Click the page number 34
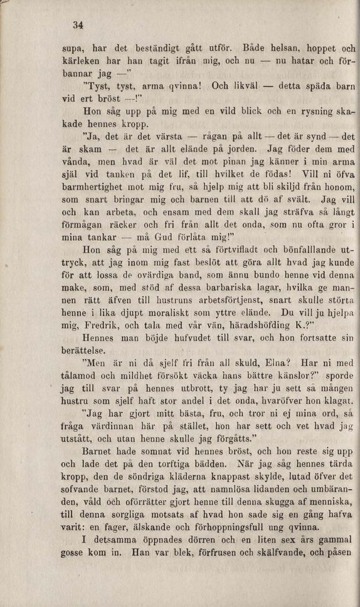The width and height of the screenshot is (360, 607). point(78,26)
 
